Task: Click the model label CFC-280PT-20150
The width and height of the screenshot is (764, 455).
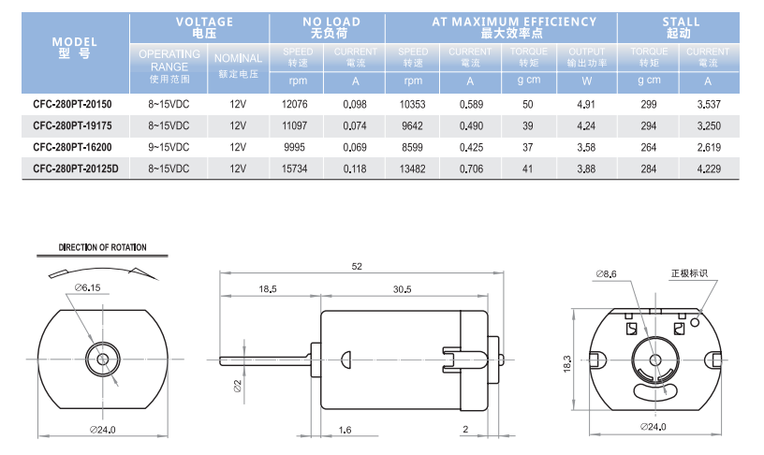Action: click(72, 104)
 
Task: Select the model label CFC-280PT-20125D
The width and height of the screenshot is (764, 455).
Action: click(76, 169)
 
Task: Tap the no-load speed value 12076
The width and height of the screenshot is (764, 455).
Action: click(295, 104)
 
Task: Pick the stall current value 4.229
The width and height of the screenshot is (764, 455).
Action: click(709, 169)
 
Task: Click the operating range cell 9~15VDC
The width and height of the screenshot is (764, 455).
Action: click(169, 147)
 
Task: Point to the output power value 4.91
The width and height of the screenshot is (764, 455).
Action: click(586, 104)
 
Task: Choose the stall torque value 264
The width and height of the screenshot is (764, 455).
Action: click(649, 147)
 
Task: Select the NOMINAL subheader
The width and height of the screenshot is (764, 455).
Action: click(238, 58)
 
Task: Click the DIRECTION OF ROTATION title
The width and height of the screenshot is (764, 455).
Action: click(102, 247)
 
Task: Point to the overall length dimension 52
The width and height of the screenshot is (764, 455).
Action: click(357, 266)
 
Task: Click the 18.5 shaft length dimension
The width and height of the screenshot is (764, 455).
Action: click(268, 289)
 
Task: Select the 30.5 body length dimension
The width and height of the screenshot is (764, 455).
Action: click(402, 289)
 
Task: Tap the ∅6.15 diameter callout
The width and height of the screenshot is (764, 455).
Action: click(88, 287)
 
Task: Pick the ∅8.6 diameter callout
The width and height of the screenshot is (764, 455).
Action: click(606, 274)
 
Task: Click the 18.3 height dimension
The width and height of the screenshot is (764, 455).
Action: click(567, 364)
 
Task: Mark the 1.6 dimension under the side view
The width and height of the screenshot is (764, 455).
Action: click(345, 430)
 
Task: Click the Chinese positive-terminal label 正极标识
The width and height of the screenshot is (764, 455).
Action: click(689, 273)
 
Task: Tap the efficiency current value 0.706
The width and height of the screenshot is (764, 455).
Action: click(471, 169)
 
